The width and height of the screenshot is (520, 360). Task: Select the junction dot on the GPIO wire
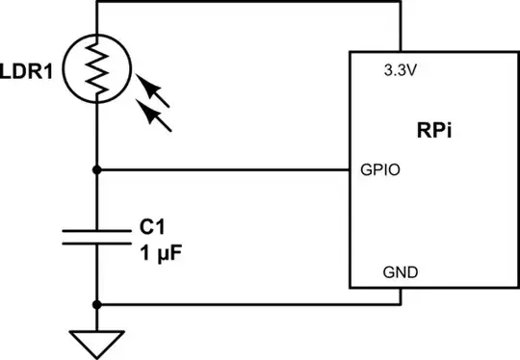click(x=97, y=170)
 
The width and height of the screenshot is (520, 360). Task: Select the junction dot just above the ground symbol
click(x=97, y=304)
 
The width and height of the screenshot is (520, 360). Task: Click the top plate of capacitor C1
click(x=97, y=231)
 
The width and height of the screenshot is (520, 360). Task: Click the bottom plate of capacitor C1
click(x=97, y=244)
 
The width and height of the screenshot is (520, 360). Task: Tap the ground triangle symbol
click(x=97, y=340)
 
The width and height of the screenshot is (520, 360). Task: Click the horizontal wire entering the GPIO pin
click(x=221, y=170)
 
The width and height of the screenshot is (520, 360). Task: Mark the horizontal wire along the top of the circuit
click(x=250, y=3)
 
